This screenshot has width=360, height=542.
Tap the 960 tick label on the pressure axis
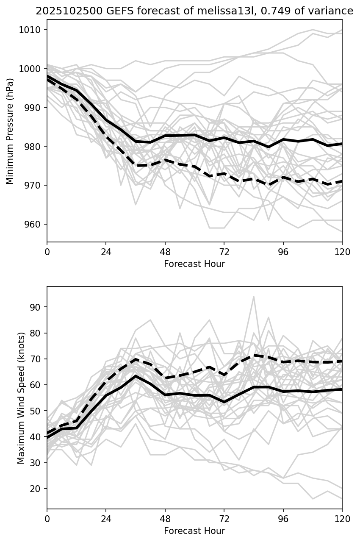[34, 224]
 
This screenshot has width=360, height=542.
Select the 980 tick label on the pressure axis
[34, 147]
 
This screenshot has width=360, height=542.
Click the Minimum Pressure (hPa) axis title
[10, 131]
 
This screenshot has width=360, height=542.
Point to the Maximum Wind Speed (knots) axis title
[21, 398]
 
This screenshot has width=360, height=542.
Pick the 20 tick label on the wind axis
[37, 489]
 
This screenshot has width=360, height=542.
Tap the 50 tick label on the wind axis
[37, 411]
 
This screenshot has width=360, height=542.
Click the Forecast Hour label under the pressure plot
[194, 264]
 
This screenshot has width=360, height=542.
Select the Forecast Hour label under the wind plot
[194, 531]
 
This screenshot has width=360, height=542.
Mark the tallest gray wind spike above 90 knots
[254, 297]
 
